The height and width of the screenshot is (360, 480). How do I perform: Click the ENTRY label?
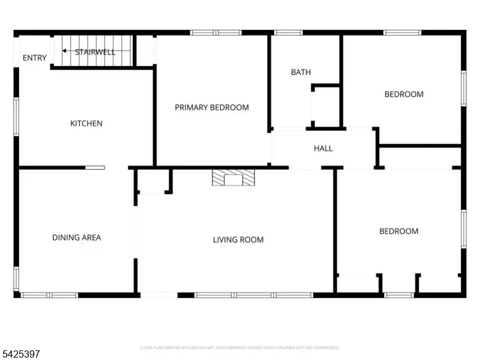point(34,58)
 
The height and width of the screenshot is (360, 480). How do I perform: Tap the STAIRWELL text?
point(95,52)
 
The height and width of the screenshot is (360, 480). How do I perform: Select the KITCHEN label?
point(86,124)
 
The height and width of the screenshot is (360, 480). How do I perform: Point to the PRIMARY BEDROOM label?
point(212,107)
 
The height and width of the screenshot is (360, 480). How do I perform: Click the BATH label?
point(301,73)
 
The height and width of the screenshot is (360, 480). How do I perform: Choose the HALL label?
point(323,148)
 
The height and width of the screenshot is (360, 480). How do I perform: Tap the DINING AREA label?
point(76,238)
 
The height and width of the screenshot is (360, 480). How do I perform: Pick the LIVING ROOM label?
point(238,240)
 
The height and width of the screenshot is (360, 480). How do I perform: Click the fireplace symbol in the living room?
point(233,178)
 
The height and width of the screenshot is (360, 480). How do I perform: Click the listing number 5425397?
point(21,355)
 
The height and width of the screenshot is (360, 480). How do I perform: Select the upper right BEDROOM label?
point(404,94)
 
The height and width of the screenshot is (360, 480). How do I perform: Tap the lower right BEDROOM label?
point(399,232)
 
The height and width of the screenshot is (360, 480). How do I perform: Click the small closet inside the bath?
point(326,107)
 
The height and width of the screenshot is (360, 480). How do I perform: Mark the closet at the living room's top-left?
point(152,181)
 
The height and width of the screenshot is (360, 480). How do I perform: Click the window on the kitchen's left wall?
point(16,116)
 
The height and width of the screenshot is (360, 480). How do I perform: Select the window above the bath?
point(288,32)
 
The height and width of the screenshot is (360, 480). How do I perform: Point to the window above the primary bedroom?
point(216,32)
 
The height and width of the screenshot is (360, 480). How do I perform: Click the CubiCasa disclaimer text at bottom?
point(240,347)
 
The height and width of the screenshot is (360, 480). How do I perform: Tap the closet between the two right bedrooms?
point(420,157)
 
